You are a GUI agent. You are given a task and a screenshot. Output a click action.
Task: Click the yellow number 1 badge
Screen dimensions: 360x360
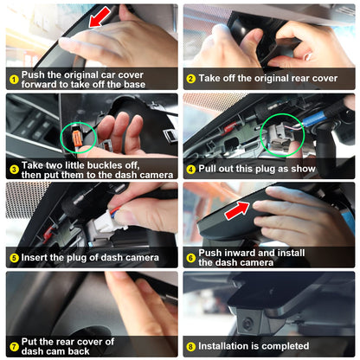[14, 80]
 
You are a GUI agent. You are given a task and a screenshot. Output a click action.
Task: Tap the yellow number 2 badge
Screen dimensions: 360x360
[191, 79]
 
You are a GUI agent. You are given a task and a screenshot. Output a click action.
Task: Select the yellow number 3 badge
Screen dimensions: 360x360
[14, 170]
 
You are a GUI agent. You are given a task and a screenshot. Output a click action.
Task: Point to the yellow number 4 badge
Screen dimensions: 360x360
[191, 170]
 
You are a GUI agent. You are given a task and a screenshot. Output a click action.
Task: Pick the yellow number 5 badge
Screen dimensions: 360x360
[14, 258]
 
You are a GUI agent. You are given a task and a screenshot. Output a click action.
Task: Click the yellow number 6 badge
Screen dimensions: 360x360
[191, 258]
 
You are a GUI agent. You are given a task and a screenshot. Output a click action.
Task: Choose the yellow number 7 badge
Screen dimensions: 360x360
[14, 346]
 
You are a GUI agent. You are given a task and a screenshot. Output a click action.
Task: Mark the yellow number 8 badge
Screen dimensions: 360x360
[191, 346]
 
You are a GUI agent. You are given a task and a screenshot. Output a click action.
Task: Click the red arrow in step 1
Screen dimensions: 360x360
[100, 17]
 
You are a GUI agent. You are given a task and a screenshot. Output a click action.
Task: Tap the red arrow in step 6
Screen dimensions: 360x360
[237, 210]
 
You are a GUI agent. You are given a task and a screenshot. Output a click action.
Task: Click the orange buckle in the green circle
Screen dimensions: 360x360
[78, 137]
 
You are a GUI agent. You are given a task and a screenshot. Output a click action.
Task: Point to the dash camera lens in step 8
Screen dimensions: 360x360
[247, 324]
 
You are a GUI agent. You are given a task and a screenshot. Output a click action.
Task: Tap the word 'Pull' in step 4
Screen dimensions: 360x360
[207, 169]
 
